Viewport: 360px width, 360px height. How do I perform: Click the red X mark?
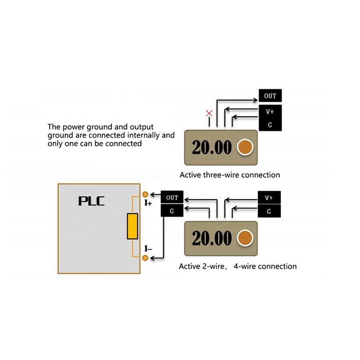(209, 113)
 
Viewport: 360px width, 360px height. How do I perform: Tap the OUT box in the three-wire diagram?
(270, 96)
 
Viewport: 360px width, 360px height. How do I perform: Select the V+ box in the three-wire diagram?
(270, 112)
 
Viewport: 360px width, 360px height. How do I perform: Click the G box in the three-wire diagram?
(270, 125)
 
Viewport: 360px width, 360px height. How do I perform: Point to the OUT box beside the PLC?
(172, 198)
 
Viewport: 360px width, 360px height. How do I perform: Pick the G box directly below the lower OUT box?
(172, 211)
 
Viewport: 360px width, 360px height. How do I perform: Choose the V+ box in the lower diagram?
(269, 198)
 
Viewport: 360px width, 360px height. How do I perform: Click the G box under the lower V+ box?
(269, 211)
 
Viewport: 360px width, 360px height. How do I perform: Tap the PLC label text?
(91, 200)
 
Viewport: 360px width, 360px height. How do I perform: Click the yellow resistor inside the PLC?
(132, 226)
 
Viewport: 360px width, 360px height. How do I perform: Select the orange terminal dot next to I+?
(145, 194)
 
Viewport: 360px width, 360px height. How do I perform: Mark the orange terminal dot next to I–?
(145, 258)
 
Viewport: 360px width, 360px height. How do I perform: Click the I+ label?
(148, 203)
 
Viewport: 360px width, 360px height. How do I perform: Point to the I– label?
(148, 250)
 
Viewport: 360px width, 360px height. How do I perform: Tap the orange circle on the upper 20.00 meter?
(245, 147)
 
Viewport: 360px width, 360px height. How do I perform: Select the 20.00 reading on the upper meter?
(212, 148)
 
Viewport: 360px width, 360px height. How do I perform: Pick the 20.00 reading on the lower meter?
(212, 238)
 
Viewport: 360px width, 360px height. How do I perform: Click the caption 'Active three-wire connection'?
(230, 175)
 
